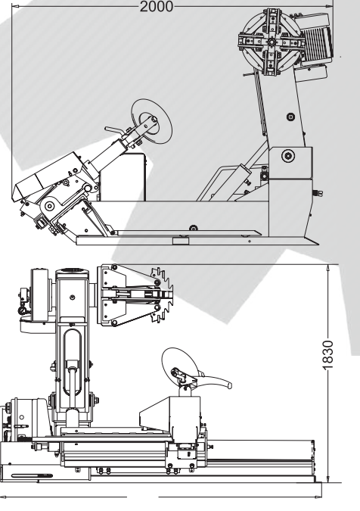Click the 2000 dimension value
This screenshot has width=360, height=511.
[x=157, y=7]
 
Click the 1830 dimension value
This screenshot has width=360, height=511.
[x=328, y=355]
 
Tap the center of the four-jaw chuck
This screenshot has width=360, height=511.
[x=272, y=42]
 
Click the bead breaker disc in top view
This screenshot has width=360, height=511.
[x=152, y=120]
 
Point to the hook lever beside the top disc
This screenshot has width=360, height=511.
[x=114, y=130]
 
